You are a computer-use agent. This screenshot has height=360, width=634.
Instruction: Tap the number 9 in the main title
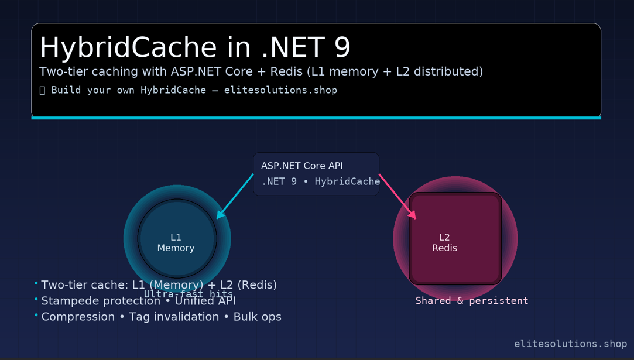coord(342,47)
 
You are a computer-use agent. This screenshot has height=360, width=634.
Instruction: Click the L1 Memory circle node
coord(177,239)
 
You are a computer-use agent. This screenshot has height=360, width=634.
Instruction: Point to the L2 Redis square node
coord(455,239)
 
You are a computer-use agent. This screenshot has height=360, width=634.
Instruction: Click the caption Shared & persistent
coord(471,301)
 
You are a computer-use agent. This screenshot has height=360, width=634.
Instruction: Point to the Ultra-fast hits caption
coord(189,294)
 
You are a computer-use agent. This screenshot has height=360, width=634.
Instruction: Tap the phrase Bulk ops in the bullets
coord(258,317)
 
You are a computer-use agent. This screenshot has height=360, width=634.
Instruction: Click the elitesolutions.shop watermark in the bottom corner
coord(570,344)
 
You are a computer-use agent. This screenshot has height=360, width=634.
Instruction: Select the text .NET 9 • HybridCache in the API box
coord(321,181)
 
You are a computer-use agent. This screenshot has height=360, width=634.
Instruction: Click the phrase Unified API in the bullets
coord(205,301)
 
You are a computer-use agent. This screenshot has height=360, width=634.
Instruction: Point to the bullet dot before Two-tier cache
coord(36,284)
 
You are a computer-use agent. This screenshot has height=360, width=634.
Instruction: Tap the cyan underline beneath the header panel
coord(316,118)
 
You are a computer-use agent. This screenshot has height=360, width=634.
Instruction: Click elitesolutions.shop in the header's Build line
coord(280,90)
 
